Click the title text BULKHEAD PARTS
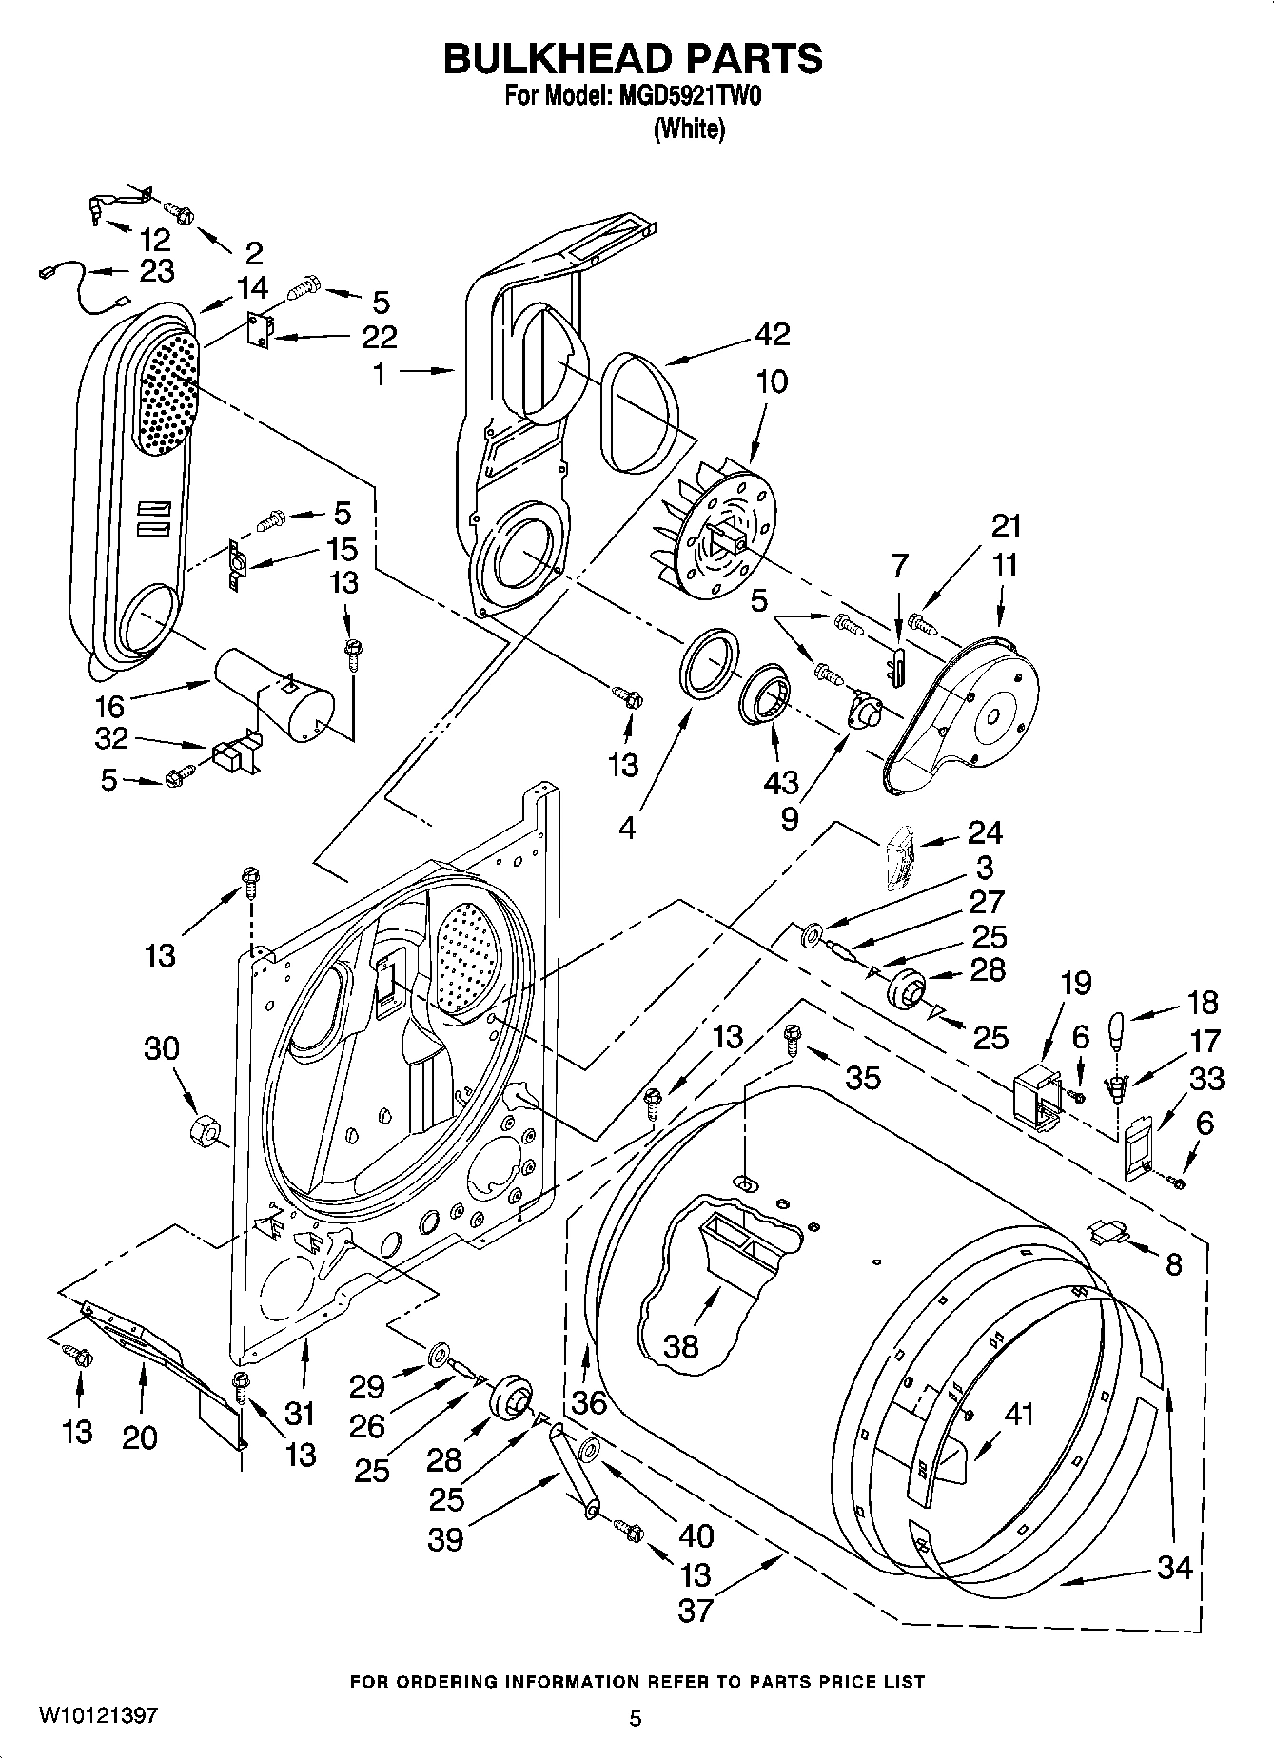[634, 59]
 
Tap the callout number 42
[773, 335]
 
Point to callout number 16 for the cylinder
[109, 706]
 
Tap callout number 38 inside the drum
[681, 1345]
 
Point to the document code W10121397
[97, 1716]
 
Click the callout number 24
[984, 832]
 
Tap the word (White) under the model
[689, 129]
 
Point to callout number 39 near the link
[445, 1539]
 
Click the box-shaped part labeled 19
[1037, 1100]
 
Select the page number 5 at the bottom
[636, 1718]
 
